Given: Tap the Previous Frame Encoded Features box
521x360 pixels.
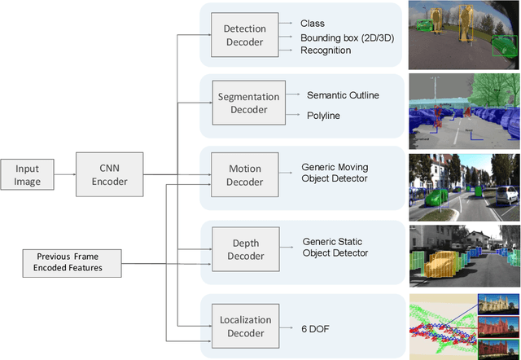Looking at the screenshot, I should (x=73, y=262).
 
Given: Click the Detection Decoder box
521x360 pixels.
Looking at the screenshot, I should (x=244, y=35).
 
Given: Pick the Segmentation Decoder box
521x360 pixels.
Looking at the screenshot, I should (x=249, y=103).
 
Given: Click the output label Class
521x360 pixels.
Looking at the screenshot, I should (x=312, y=24).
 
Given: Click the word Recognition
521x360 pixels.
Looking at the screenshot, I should (x=325, y=50).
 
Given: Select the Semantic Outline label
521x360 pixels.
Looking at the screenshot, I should (x=343, y=95).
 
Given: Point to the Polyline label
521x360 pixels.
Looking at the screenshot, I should (x=324, y=116).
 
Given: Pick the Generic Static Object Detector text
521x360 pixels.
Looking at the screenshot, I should (x=335, y=248).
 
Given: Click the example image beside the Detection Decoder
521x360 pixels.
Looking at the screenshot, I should (x=463, y=34).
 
